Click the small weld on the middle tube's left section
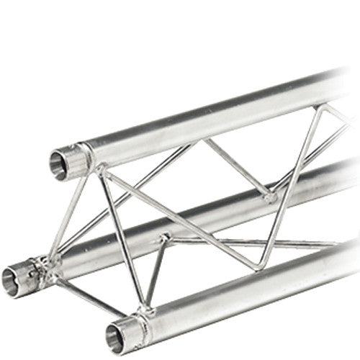(164, 237)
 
